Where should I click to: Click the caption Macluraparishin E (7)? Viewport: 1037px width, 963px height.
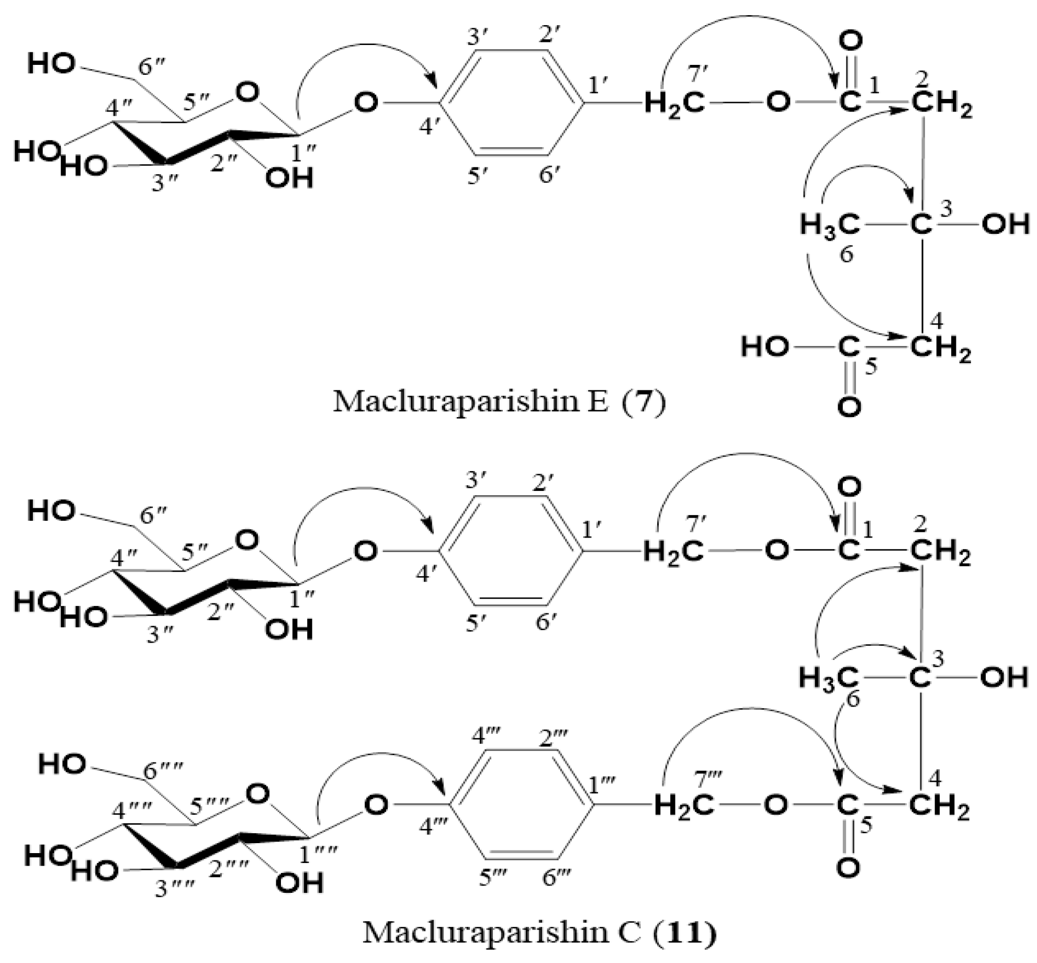click(x=500, y=402)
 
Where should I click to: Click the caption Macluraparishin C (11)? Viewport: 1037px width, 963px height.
click(x=539, y=932)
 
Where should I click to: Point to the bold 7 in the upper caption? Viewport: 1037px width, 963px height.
click(x=644, y=403)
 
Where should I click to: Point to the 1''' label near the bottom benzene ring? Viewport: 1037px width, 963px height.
click(x=602, y=785)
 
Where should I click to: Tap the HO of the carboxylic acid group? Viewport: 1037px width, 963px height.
click(x=765, y=347)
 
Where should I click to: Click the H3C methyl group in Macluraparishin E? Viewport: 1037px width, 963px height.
click(x=830, y=226)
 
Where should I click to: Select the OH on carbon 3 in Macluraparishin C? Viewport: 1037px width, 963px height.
click(x=1004, y=678)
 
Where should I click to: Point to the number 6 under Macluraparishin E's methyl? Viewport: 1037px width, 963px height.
click(x=847, y=254)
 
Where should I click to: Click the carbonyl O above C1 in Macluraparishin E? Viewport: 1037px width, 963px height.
click(x=850, y=41)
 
